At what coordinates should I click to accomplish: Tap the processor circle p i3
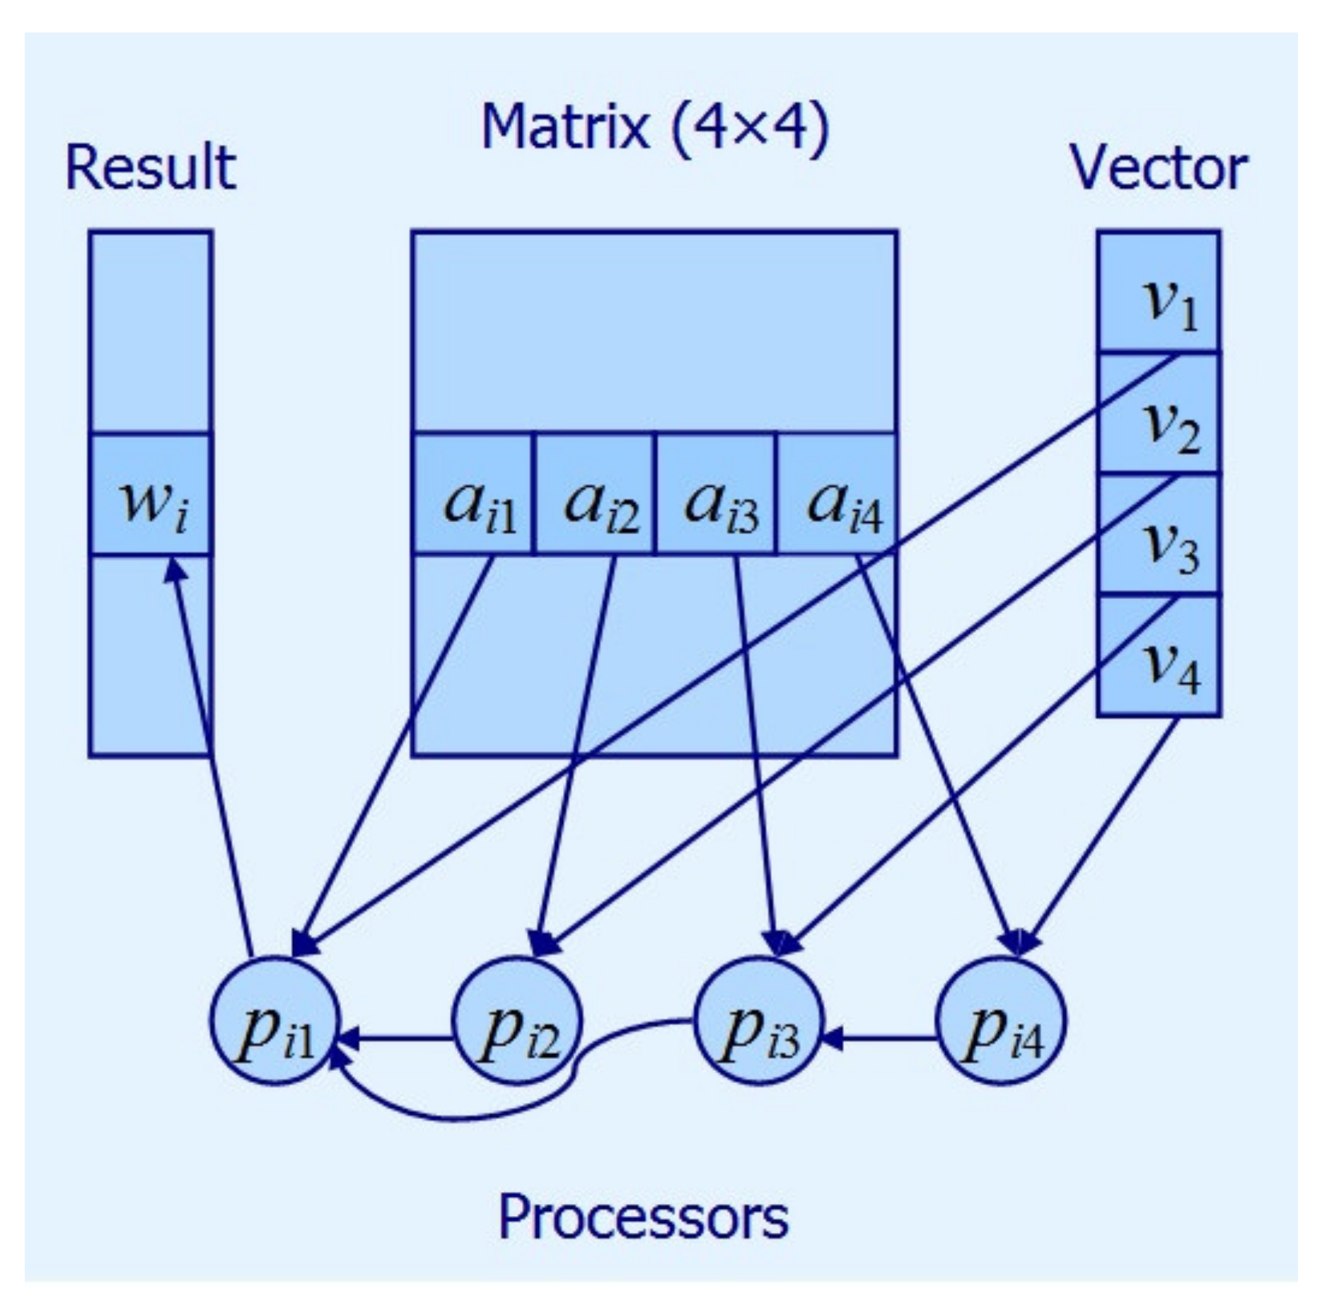coord(760,1021)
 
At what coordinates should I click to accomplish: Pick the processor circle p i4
coord(1002,1021)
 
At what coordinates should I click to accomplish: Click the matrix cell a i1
coord(473,494)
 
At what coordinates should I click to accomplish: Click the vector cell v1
coord(1159,291)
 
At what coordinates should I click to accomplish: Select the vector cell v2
coord(1159,413)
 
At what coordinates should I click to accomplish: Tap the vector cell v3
coord(1159,535)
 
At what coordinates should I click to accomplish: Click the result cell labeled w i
coord(151,494)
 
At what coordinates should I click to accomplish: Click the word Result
coord(151,168)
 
